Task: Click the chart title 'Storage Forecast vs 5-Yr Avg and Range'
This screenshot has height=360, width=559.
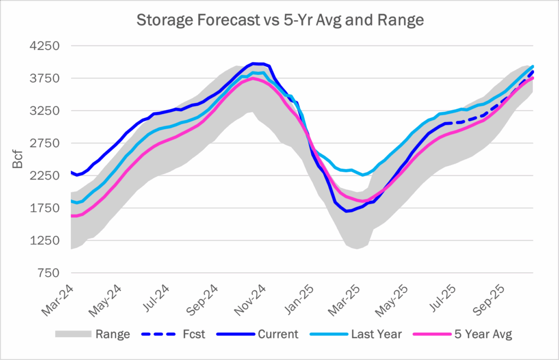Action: (x=279, y=21)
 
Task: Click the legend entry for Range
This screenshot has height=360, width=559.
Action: (x=112, y=334)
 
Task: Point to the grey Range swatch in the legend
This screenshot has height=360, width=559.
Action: (x=72, y=334)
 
